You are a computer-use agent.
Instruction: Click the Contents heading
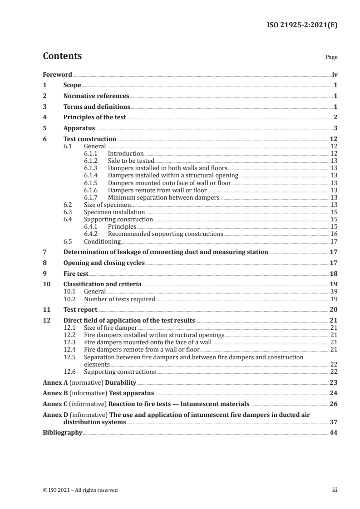pos(62,56)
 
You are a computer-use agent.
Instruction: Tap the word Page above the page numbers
pos(331,58)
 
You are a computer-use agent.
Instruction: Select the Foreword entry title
pos(57,74)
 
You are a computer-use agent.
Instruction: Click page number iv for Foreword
pos(335,74)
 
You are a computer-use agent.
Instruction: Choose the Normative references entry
pos(96,96)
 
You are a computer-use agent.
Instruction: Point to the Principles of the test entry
pos(94,117)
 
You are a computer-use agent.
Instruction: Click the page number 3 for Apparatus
pos(335,128)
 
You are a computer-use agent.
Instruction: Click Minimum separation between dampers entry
pos(163,197)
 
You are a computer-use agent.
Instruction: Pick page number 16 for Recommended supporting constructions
pos(334,234)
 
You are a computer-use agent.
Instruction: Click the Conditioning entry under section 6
pos(102,241)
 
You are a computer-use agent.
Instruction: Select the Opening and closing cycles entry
pos(104,263)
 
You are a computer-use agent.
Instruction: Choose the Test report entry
pos(80,310)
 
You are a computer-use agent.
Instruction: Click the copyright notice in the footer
pos(80,490)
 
